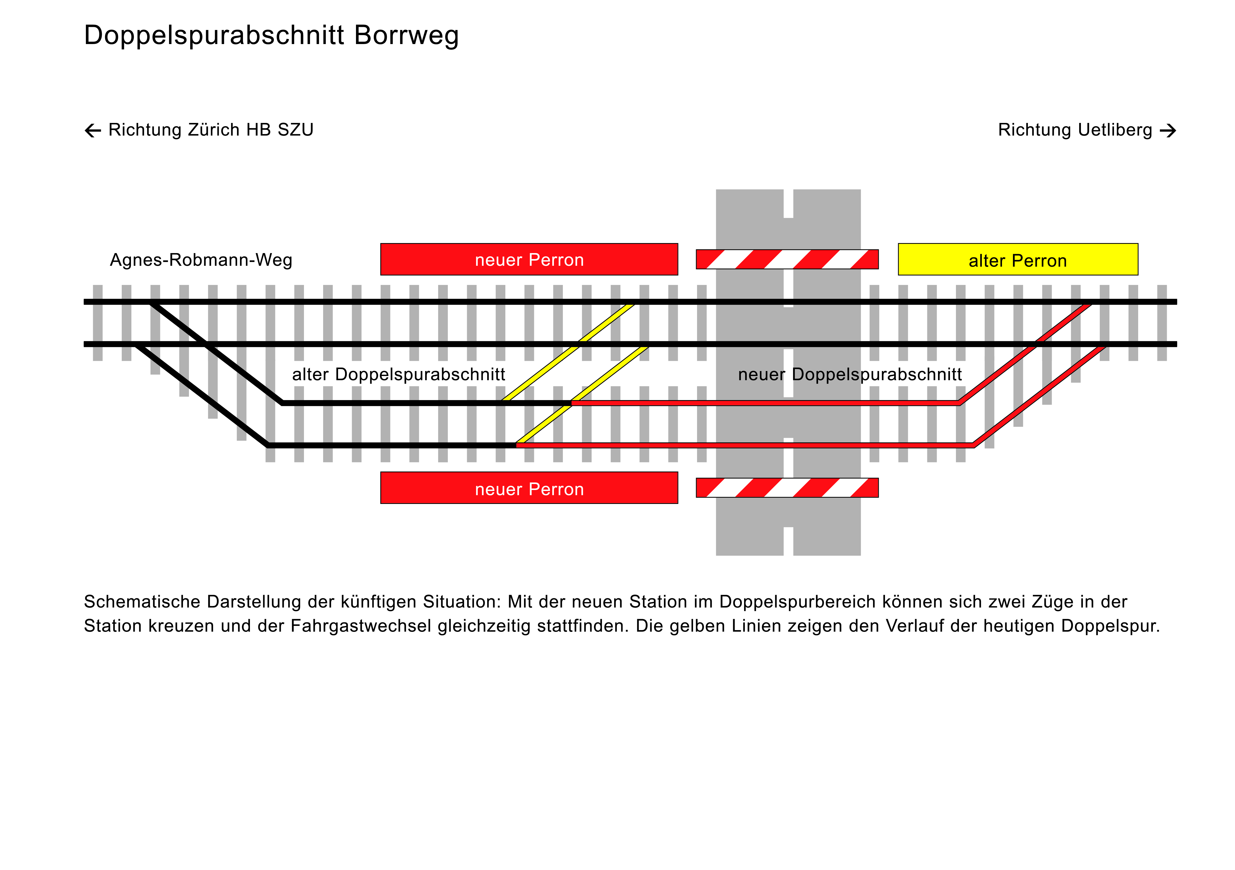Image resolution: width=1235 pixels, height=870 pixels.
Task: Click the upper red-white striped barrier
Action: coord(787,259)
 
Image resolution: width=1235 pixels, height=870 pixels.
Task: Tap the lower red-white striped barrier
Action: coord(787,488)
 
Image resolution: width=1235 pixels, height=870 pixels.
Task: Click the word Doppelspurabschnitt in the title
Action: coord(214,36)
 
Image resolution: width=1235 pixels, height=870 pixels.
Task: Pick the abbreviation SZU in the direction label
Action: coord(295,130)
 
